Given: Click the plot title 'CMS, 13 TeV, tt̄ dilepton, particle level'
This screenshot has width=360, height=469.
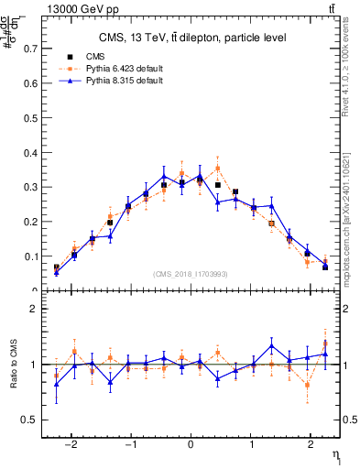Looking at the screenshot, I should click(191, 38).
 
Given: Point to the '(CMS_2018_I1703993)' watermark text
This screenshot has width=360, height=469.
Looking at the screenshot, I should click(191, 274).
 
